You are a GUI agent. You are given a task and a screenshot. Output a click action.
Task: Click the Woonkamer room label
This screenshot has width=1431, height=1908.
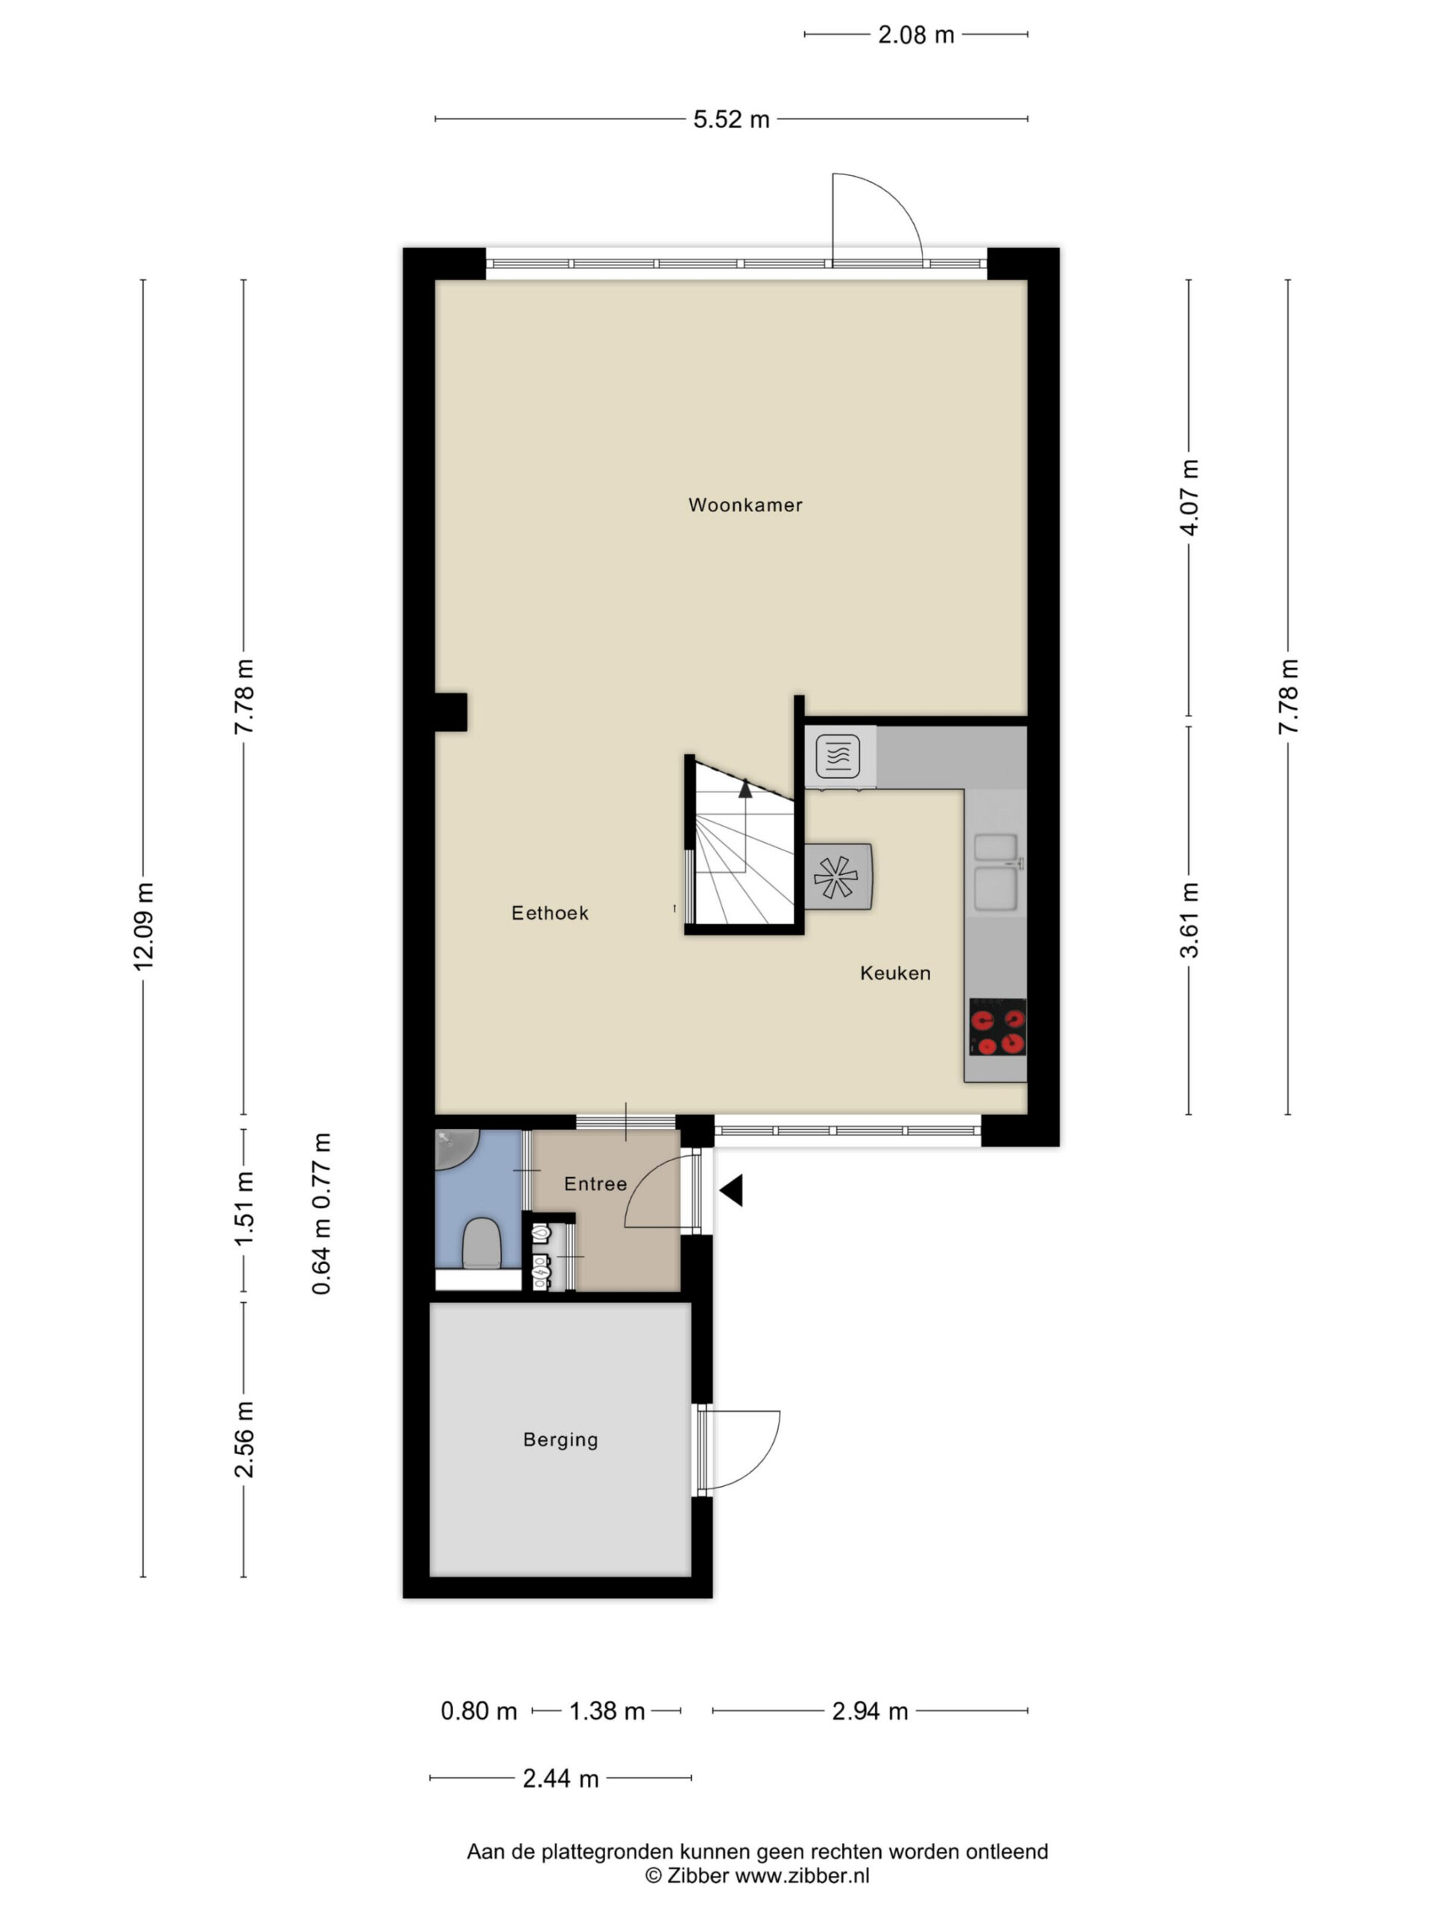pyautogui.click(x=745, y=505)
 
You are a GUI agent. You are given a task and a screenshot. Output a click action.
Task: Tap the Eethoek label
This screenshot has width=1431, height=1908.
pyautogui.click(x=549, y=912)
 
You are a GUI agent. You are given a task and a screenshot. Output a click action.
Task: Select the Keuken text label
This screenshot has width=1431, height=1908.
pyautogui.click(x=895, y=973)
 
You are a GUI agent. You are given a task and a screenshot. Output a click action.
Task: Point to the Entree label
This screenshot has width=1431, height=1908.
pyautogui.click(x=596, y=1184)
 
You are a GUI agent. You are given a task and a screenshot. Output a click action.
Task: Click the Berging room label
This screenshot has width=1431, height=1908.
pyautogui.click(x=560, y=1440)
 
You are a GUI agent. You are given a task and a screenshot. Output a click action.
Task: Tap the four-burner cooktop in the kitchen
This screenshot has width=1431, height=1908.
pyautogui.click(x=997, y=1026)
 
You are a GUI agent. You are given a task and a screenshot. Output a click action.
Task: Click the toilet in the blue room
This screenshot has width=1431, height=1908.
pyautogui.click(x=481, y=1244)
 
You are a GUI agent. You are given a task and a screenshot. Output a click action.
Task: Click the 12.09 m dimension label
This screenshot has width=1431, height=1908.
pyautogui.click(x=143, y=926)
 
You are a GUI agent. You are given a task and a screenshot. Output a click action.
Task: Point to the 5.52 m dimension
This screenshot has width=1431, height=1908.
pyautogui.click(x=731, y=119)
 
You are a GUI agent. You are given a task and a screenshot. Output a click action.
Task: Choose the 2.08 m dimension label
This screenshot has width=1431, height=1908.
pyautogui.click(x=916, y=34)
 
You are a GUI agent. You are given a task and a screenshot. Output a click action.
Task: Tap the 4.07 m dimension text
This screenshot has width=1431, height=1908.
pyautogui.click(x=1190, y=498)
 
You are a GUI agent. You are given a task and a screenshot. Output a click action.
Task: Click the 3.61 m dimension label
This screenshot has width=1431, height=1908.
pyautogui.click(x=1190, y=920)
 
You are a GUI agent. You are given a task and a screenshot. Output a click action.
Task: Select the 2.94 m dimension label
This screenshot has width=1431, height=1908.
pyautogui.click(x=870, y=1710)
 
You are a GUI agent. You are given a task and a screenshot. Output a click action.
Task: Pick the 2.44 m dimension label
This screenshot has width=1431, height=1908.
pyautogui.click(x=560, y=1778)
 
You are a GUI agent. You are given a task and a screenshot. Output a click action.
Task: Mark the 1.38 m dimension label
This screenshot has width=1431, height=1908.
pyautogui.click(x=607, y=1710)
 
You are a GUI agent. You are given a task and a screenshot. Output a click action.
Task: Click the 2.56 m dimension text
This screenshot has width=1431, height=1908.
pyautogui.click(x=244, y=1438)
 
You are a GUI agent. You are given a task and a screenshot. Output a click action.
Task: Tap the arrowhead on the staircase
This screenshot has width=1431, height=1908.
pyautogui.click(x=745, y=788)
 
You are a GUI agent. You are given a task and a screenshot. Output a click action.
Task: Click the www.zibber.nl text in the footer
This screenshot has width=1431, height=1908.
pyautogui.click(x=801, y=1874)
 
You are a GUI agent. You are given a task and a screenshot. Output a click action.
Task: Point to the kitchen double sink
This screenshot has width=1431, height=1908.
pyautogui.click(x=996, y=872)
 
